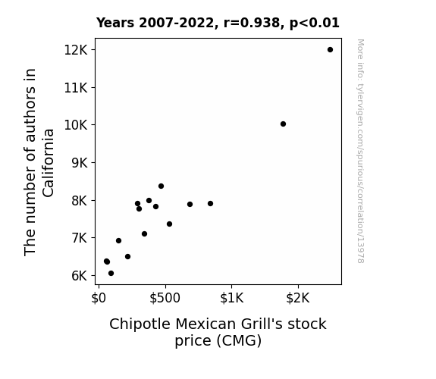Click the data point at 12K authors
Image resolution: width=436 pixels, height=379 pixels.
330,50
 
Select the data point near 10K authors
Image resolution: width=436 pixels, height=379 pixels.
283,124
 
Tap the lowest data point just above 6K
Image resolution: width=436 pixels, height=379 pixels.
111,274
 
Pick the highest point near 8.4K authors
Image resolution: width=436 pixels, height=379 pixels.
161,186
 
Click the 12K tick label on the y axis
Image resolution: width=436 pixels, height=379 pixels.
76,50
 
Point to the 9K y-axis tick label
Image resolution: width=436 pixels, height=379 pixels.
80,163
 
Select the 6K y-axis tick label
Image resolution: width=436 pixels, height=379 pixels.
80,276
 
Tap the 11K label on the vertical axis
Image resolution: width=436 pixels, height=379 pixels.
76,88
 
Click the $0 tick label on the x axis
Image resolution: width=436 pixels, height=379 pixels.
99,298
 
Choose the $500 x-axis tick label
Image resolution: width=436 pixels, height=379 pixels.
165,298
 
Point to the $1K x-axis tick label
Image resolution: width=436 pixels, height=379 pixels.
231,298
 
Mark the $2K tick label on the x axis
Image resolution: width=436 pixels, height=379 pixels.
298,298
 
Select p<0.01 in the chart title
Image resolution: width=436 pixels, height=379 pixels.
315,23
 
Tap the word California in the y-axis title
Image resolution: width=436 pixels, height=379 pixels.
48,163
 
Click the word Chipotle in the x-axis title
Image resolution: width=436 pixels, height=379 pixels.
140,324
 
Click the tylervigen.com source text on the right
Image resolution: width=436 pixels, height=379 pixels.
360,151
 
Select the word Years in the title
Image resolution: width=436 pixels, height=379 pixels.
115,23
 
